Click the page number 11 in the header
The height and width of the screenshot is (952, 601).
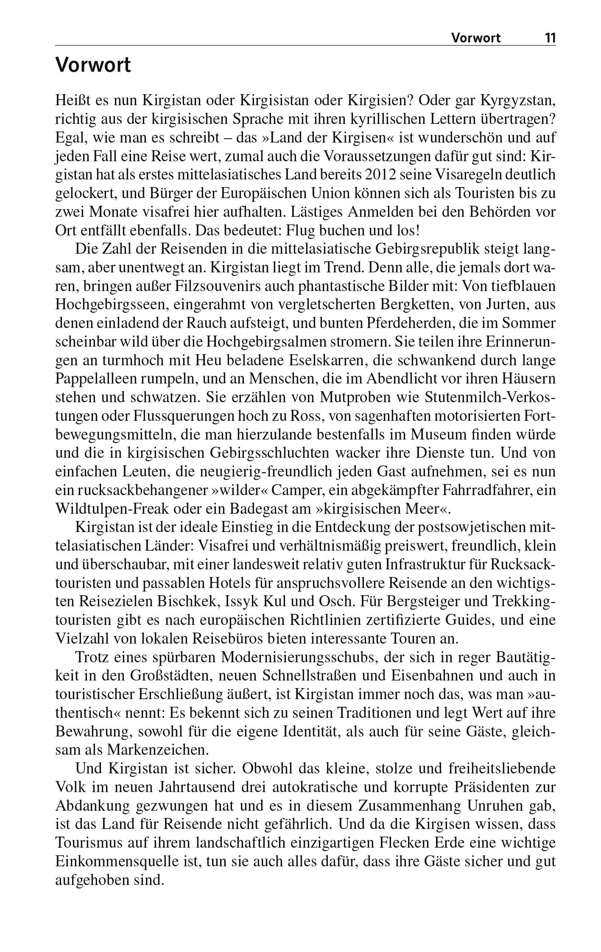550,38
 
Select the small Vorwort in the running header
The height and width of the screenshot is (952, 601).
475,38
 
